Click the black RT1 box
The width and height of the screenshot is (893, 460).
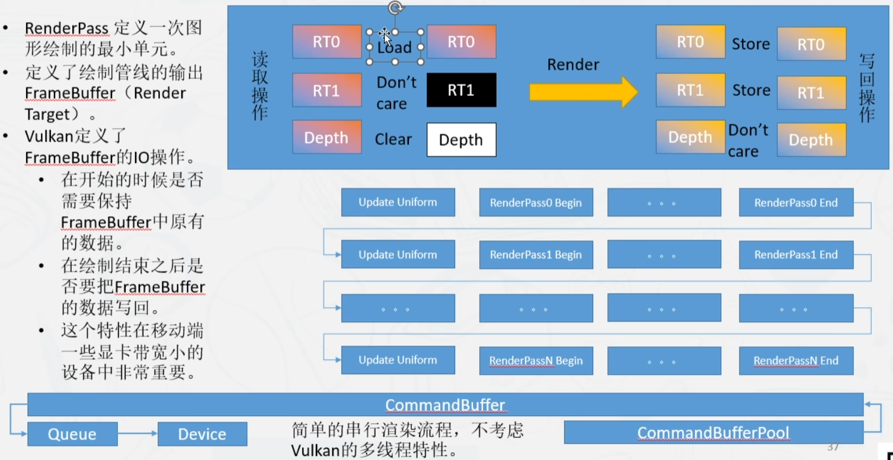click(461, 90)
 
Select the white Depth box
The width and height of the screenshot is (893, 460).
click(461, 140)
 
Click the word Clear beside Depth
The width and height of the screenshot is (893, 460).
click(393, 140)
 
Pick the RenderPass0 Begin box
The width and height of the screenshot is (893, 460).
click(536, 202)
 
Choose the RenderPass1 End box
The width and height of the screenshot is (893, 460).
click(796, 255)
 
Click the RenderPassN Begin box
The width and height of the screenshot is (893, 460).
click(536, 361)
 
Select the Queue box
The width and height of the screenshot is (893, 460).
click(72, 434)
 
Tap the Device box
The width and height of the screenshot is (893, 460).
click(202, 434)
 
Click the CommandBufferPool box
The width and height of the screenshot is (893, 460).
click(713, 433)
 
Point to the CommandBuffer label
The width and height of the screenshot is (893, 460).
click(445, 406)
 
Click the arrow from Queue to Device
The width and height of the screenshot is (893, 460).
click(137, 434)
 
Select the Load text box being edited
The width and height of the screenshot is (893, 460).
click(395, 47)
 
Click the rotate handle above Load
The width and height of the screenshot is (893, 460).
click(395, 8)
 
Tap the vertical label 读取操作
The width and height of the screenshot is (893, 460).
click(260, 85)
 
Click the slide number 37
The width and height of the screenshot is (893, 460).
click(833, 446)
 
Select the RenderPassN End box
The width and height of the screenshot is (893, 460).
click(796, 361)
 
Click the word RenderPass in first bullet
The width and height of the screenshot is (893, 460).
click(66, 28)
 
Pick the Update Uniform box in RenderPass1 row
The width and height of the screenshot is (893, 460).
click(398, 255)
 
